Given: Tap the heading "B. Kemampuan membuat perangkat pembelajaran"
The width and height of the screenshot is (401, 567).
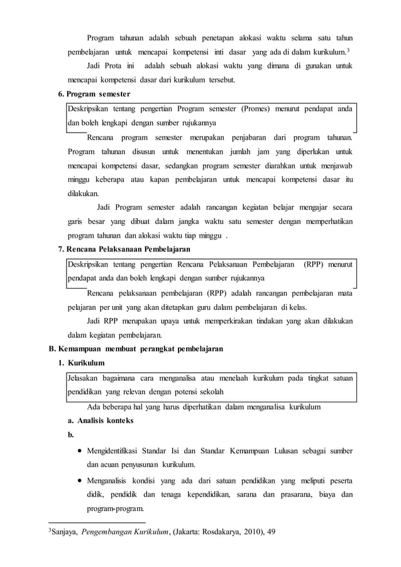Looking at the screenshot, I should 135,348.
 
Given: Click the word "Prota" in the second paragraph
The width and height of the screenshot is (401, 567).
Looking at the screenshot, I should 114,66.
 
